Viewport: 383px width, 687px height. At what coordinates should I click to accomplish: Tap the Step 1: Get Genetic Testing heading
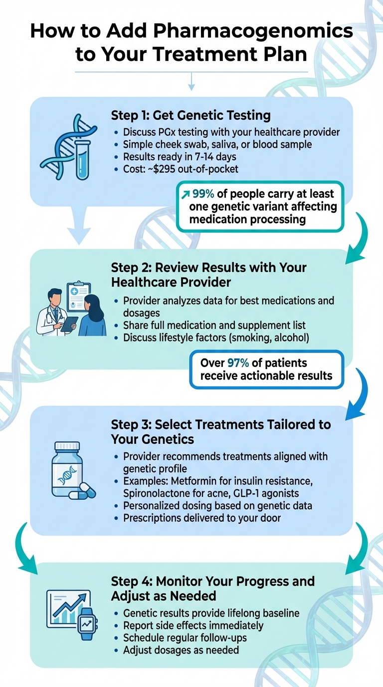tap(191, 116)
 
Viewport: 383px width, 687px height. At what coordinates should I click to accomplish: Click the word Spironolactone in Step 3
tap(159, 493)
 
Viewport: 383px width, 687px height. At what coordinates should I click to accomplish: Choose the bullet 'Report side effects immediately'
tap(193, 625)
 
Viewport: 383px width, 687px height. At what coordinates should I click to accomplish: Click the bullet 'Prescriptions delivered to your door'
tap(202, 518)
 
